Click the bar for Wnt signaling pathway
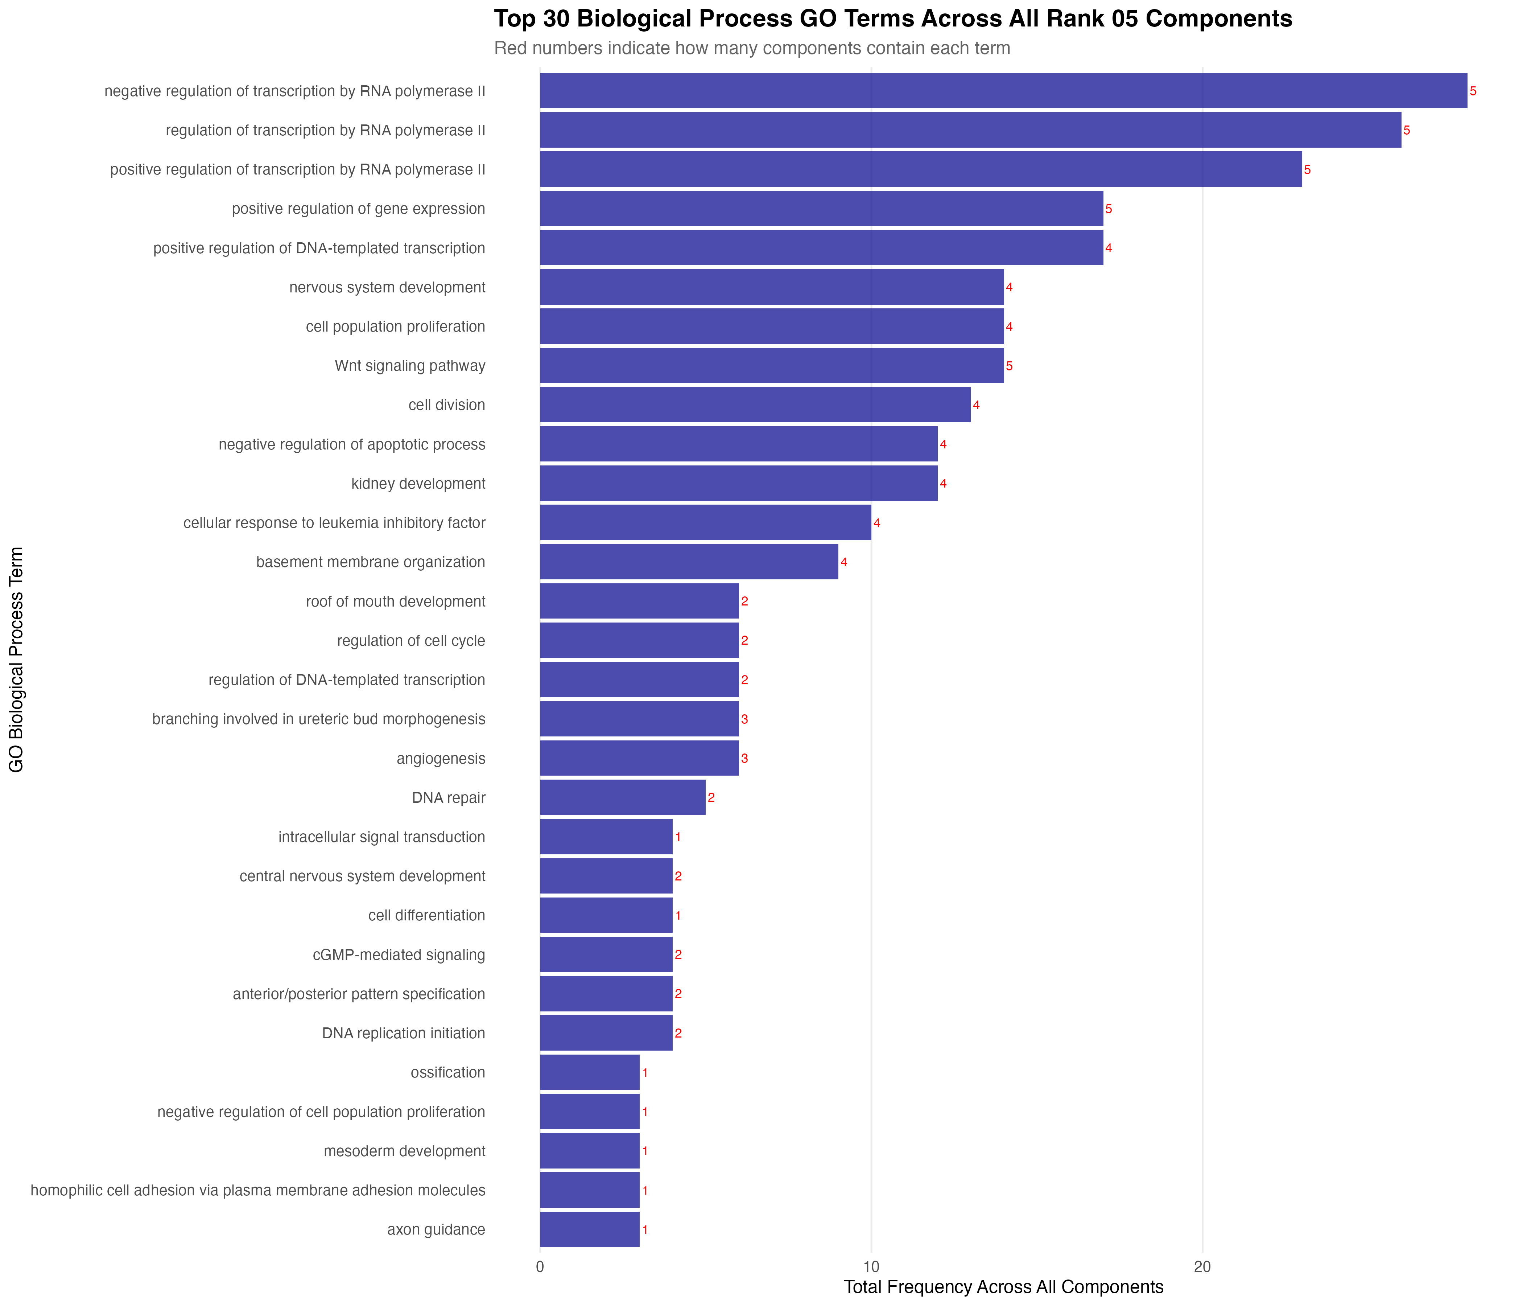click(772, 365)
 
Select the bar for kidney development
click(739, 483)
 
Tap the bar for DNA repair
click(623, 797)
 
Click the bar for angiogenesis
click(640, 758)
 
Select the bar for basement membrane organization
click(689, 562)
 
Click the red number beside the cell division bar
click(976, 405)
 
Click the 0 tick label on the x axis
click(540, 1267)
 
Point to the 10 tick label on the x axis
click(871, 1267)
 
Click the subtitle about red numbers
click(752, 49)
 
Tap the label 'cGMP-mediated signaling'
click(399, 954)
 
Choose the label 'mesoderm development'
click(404, 1151)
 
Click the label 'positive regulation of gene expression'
click(359, 209)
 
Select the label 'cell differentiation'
click(426, 916)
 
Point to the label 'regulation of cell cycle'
click(411, 641)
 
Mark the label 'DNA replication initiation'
click(404, 1033)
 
